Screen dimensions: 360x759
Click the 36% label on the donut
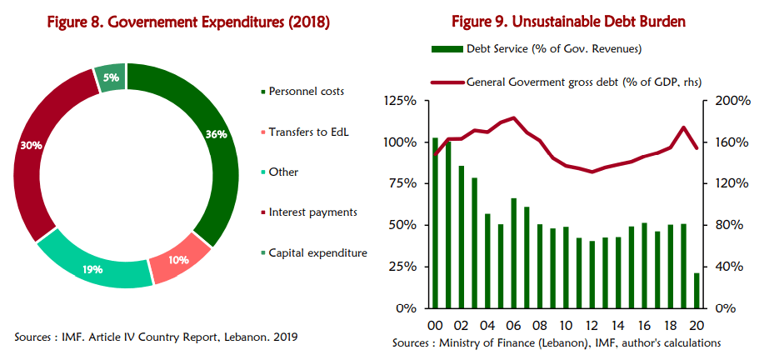point(217,134)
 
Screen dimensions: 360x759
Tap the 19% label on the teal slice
point(92,269)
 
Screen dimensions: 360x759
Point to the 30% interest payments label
point(32,145)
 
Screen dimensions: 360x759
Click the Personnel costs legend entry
point(306,91)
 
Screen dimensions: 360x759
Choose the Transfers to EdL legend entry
point(307,131)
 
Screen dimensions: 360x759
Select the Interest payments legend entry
point(312,212)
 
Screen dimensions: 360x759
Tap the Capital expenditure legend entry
point(317,252)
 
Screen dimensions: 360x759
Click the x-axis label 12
point(592,325)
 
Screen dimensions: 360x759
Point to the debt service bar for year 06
point(514,252)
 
